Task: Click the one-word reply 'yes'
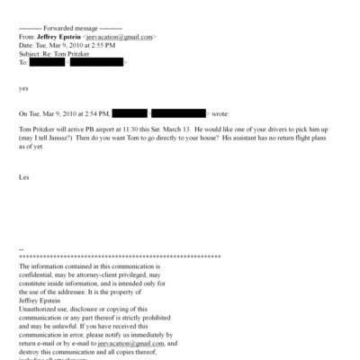23,89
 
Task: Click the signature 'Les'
23,177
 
